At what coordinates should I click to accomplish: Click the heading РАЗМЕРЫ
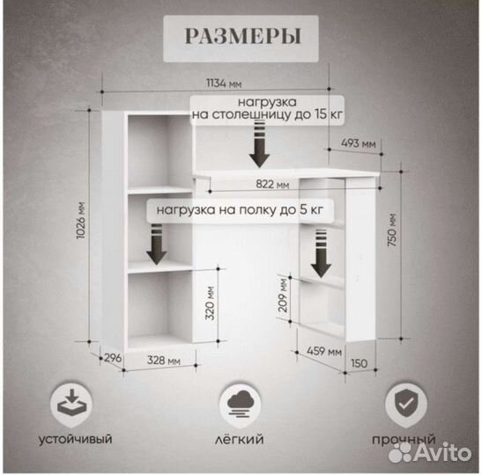pyautogui.click(x=242, y=36)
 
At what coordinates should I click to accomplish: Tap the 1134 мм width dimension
pyautogui.click(x=224, y=84)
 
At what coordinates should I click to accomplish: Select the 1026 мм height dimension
pyautogui.click(x=81, y=220)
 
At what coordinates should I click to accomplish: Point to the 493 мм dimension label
pyautogui.click(x=359, y=143)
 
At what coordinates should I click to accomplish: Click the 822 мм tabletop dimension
pyautogui.click(x=272, y=184)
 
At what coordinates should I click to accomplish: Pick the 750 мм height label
pyautogui.click(x=392, y=230)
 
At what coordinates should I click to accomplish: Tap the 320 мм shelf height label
pyautogui.click(x=210, y=303)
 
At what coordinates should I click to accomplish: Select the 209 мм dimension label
pyautogui.click(x=283, y=295)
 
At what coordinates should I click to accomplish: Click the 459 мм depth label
pyautogui.click(x=324, y=350)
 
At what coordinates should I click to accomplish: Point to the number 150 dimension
pyautogui.click(x=359, y=363)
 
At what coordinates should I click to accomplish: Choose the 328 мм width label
pyautogui.click(x=164, y=360)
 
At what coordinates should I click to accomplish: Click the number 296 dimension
pyautogui.click(x=113, y=358)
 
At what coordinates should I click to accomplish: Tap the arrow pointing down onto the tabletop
pyautogui.click(x=259, y=144)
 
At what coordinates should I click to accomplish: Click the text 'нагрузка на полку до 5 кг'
pyautogui.click(x=240, y=210)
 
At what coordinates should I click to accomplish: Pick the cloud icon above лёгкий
pyautogui.click(x=241, y=404)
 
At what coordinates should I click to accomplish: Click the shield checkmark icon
pyautogui.click(x=405, y=403)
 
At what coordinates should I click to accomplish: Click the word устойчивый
pyautogui.click(x=75, y=439)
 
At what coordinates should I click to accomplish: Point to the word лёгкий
pyautogui.click(x=239, y=438)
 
